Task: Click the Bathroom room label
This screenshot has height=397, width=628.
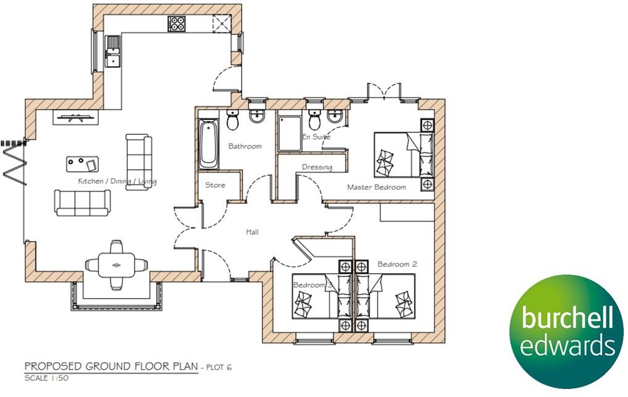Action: tap(245, 147)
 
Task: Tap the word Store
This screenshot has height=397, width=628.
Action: tap(215, 185)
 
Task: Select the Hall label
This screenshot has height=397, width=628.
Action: tap(251, 232)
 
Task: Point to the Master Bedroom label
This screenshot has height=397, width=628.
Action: tap(376, 187)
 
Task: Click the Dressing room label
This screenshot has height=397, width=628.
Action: tap(317, 167)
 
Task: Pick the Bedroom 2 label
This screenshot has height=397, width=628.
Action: tap(397, 264)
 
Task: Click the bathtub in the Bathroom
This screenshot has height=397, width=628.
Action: tap(208, 145)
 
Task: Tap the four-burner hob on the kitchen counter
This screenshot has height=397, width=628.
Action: tap(177, 24)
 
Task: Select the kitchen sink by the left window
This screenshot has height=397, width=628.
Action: tap(112, 50)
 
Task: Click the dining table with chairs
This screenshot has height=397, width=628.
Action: tap(116, 264)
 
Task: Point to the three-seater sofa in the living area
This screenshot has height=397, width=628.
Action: tap(82, 202)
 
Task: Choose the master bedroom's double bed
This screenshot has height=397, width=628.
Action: tap(404, 155)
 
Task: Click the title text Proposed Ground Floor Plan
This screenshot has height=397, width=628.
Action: tap(111, 367)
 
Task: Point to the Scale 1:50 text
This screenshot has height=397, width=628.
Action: tap(46, 378)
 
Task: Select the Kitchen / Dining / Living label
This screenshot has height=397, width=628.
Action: tap(117, 182)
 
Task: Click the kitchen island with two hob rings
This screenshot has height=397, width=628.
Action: tap(82, 164)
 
